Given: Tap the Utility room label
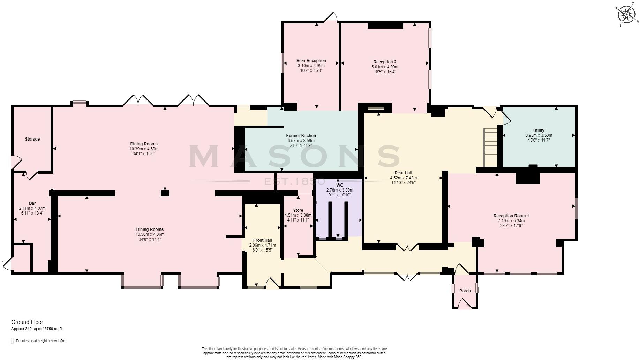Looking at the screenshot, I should pos(539,130).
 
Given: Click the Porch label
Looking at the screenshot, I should pos(465,291).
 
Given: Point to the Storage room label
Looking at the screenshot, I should pos(32,139).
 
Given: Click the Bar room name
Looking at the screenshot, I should pos(32,203).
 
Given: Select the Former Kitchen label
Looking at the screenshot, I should pos(301,136).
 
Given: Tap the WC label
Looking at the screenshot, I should pos(339,185).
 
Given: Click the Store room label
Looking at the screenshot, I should pos(298,210).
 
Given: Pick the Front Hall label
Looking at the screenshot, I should pos(263,240).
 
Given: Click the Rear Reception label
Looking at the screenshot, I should pos(311,61).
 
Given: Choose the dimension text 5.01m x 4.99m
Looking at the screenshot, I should pos(385,67).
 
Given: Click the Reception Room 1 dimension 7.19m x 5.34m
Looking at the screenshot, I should pos(511,221).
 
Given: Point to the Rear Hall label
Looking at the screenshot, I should pos(403,173).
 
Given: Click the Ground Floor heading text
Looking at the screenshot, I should pos(27,322).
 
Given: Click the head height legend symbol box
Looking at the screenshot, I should pos(12,340).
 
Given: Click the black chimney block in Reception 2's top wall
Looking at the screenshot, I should pos(385,25).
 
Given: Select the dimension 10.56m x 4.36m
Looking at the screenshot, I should pos(150,234).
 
